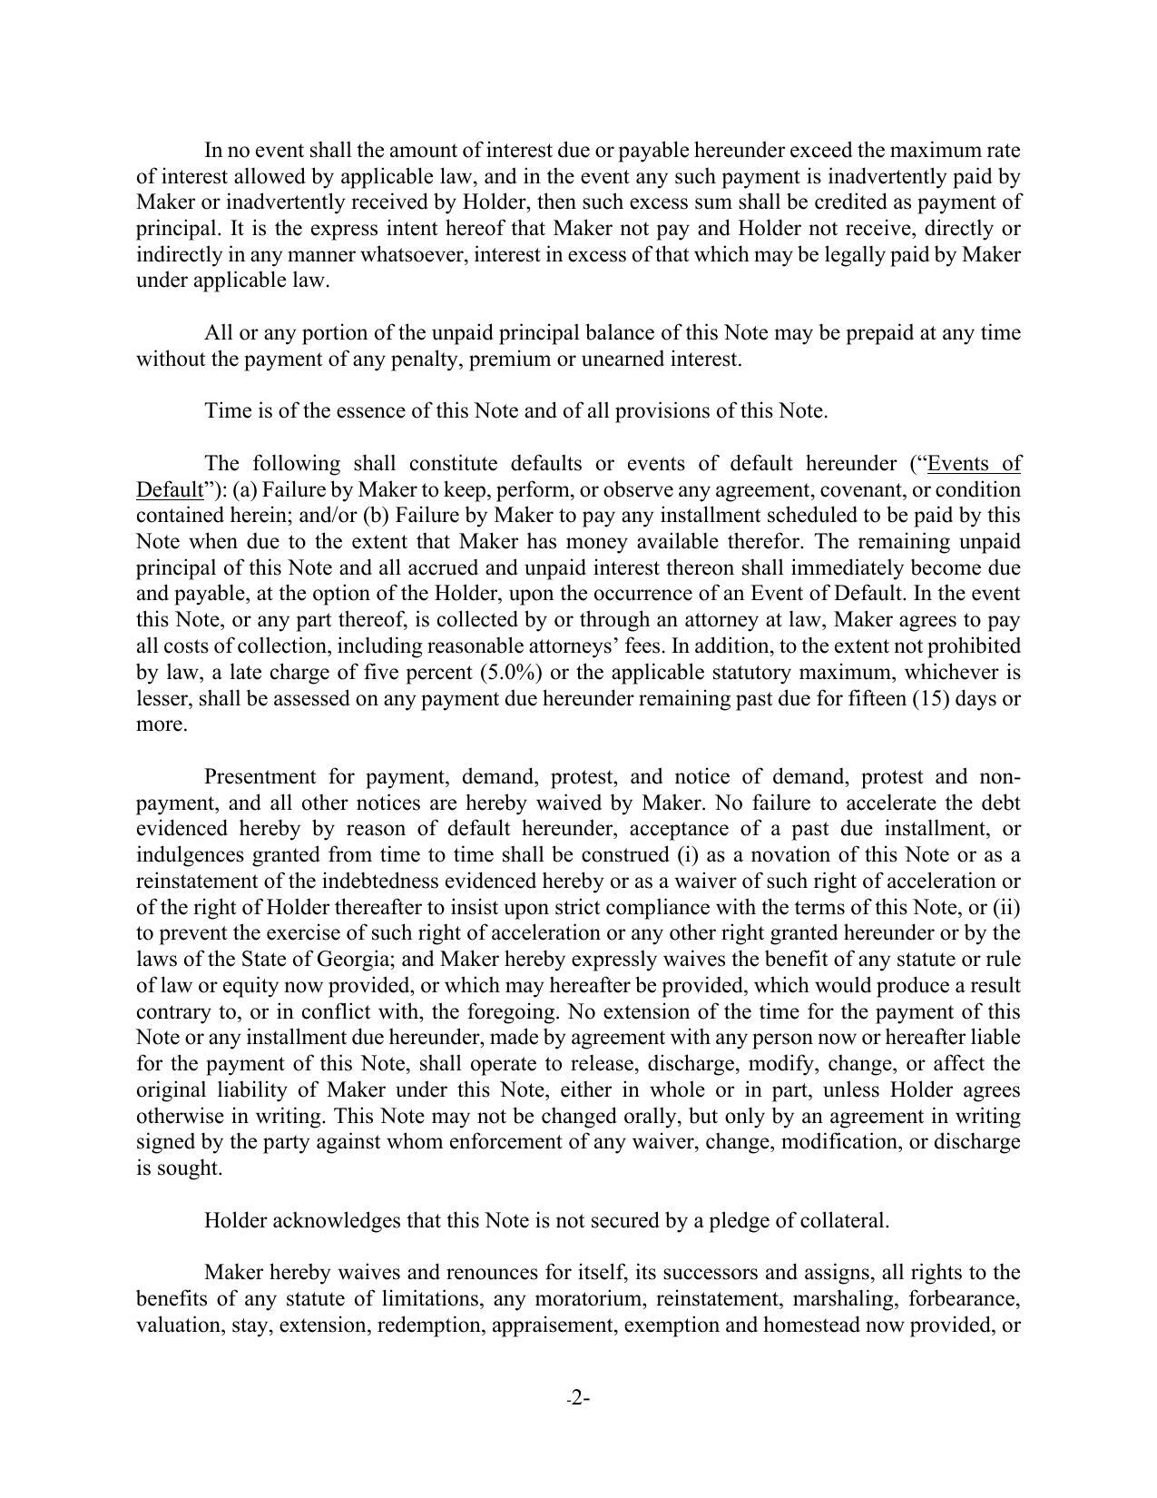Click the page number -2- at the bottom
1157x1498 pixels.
tap(578, 1398)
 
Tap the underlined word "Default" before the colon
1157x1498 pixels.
tap(169, 490)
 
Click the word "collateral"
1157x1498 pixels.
tap(841, 1220)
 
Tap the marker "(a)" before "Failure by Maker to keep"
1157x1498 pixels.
tap(245, 490)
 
